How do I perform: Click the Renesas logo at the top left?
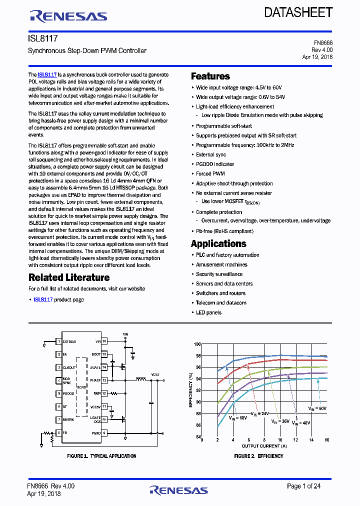click(x=68, y=16)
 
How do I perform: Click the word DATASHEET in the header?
click(x=298, y=12)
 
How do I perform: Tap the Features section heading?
click(x=210, y=76)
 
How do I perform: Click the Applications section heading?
click(x=218, y=243)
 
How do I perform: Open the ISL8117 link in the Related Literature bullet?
click(x=43, y=299)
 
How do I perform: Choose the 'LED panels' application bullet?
click(x=208, y=312)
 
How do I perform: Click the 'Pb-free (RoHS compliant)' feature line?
click(x=224, y=231)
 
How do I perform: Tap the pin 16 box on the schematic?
click(x=104, y=341)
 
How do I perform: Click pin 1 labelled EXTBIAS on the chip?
click(x=59, y=341)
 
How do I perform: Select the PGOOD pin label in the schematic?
click(x=68, y=393)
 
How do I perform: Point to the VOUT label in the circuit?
click(x=155, y=374)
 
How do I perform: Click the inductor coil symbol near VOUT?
click(x=141, y=380)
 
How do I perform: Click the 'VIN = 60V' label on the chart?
click(x=318, y=409)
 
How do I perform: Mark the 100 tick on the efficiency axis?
click(x=197, y=344)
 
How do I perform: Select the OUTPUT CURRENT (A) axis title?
click(x=264, y=446)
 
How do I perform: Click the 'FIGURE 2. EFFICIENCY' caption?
click(x=258, y=456)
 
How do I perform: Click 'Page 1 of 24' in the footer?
click(x=303, y=486)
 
